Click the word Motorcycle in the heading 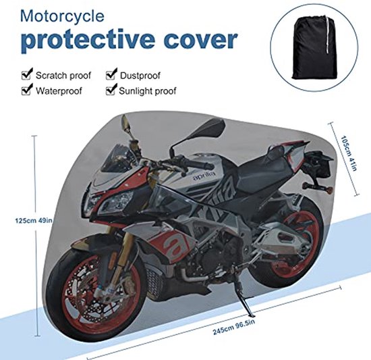tap(62, 16)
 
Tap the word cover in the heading tap(200, 39)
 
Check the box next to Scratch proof tap(26, 75)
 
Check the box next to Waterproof tap(26, 91)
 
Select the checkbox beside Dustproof tap(110, 75)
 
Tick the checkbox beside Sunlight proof tap(110, 91)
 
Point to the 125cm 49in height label tap(34, 220)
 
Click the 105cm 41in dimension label tap(348, 153)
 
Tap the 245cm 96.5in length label tap(234, 326)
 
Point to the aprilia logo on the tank tap(204, 177)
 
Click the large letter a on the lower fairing tap(175, 245)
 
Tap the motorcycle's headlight tap(116, 202)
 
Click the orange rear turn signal tap(329, 190)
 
